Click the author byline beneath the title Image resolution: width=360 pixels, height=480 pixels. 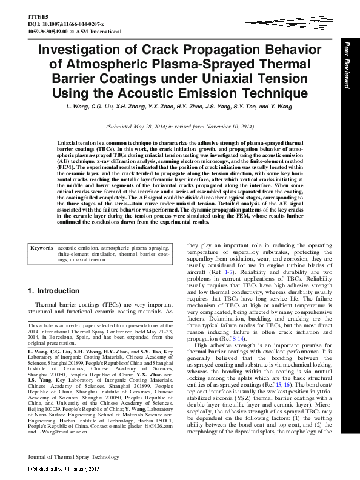click(180, 107)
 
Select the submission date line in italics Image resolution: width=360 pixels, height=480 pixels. click(180, 127)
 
